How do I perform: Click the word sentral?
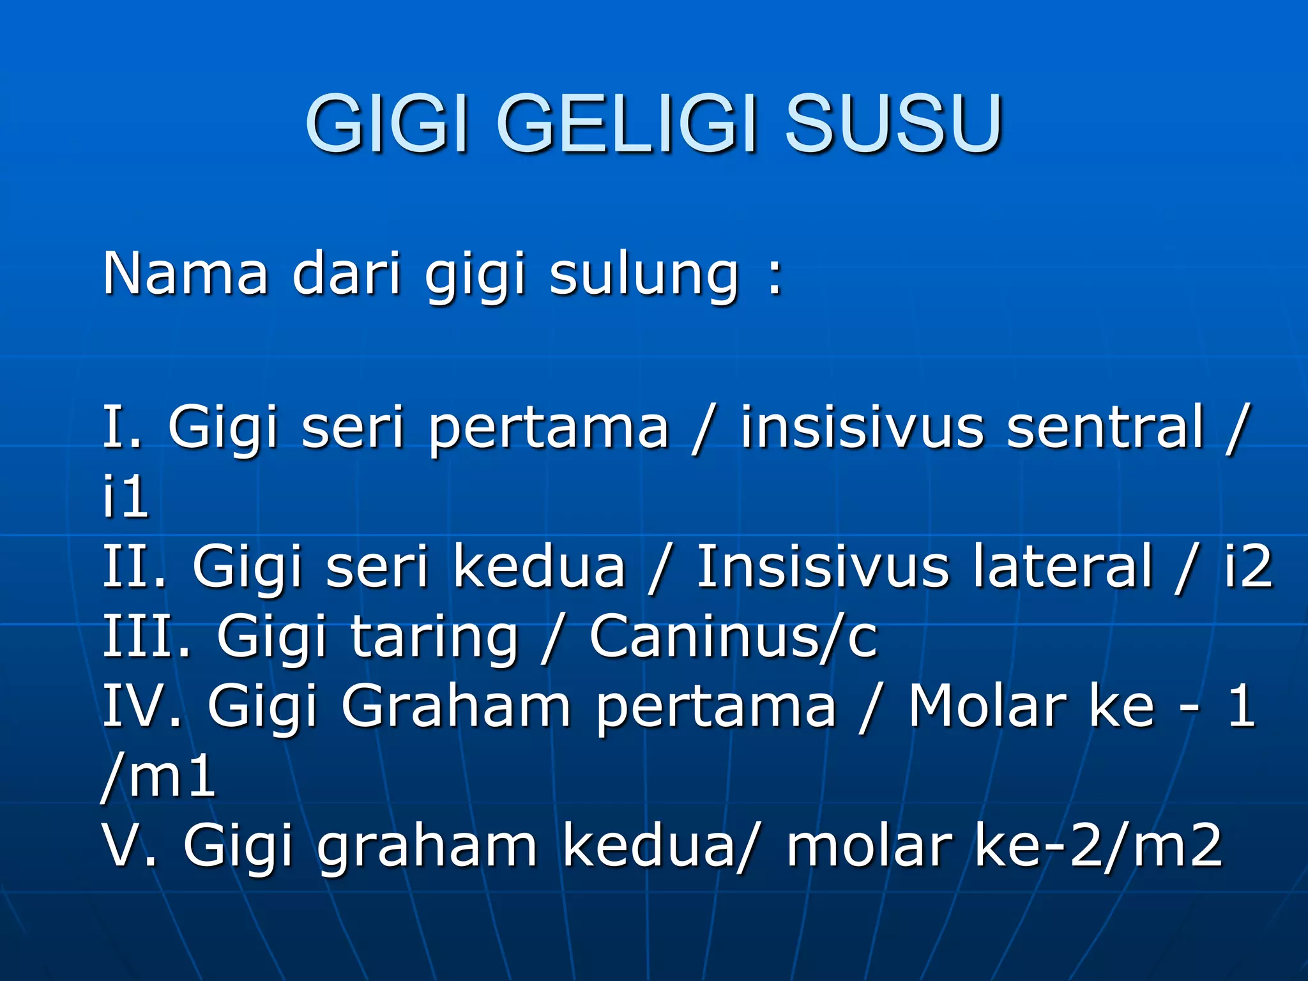tap(1106, 427)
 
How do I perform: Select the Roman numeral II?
tap(135, 567)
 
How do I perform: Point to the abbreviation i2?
tap(1248, 567)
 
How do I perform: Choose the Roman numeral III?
tap(148, 636)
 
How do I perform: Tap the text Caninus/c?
tap(734, 636)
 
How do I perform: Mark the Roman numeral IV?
tap(142, 706)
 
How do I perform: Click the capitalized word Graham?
tap(456, 706)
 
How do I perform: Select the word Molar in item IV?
tap(987, 706)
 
